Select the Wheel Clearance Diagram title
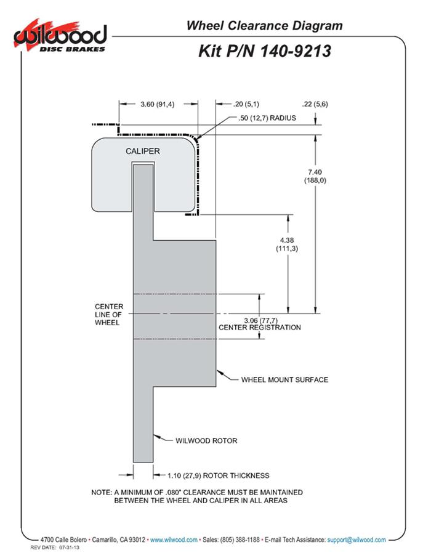coord(264,26)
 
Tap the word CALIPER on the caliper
coord(143,151)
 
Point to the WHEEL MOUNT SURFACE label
coord(284,379)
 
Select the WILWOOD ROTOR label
coord(206,440)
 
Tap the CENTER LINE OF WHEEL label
coord(109,314)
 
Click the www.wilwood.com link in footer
coord(174,540)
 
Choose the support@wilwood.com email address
coord(357,540)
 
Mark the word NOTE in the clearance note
coord(100,492)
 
